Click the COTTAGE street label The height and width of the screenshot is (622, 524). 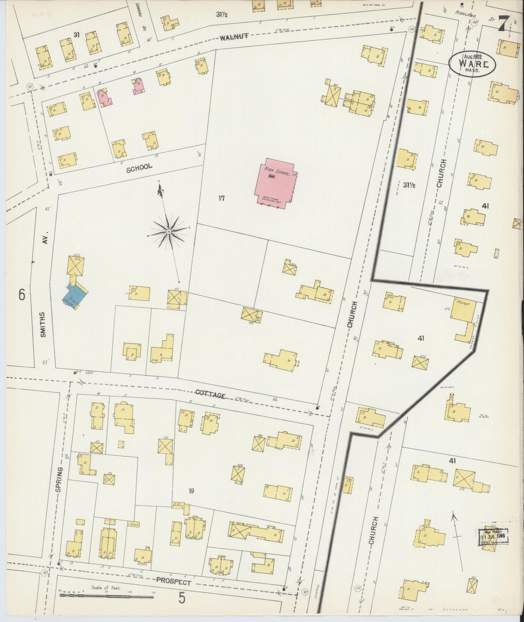coord(210,395)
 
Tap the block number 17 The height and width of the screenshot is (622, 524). coord(222,198)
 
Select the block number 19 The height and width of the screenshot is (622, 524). coord(192,491)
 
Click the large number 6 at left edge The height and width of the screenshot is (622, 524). coord(22,295)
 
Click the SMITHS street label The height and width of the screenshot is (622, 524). coord(43,324)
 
